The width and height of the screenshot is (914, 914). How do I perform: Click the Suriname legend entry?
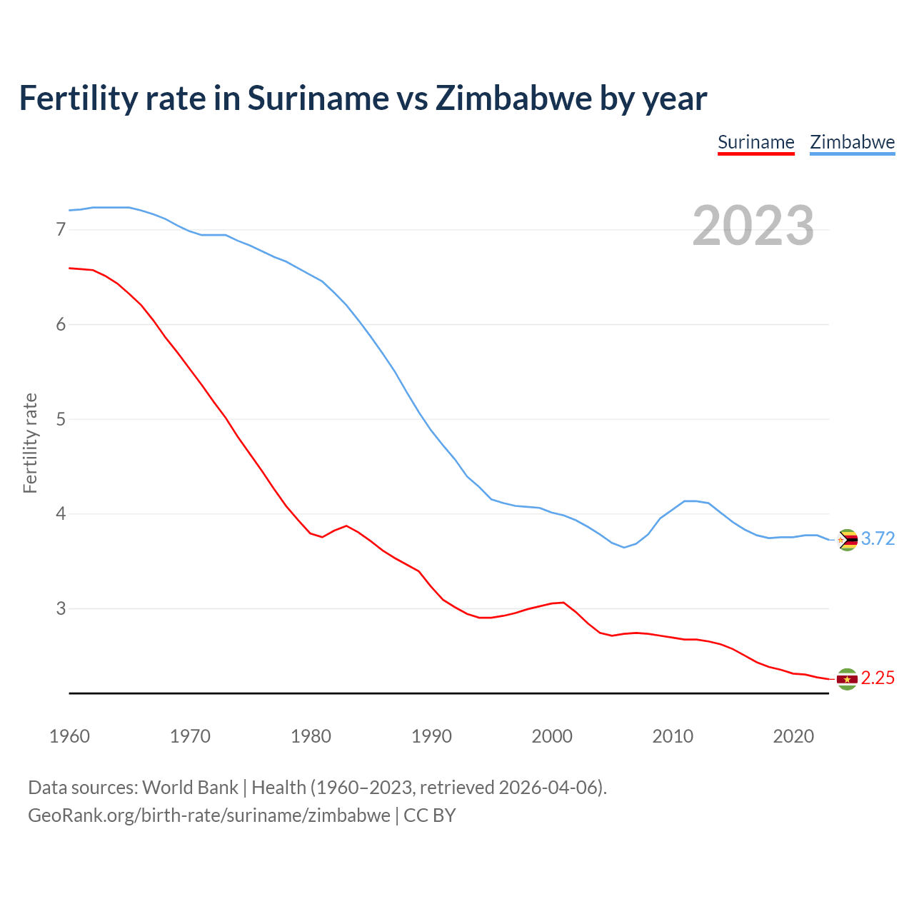755,142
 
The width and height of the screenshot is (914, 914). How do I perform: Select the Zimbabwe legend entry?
852,142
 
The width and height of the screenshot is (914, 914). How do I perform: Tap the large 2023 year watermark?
753,226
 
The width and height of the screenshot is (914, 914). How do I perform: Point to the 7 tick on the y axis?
61,230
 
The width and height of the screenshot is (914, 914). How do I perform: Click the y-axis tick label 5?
61,419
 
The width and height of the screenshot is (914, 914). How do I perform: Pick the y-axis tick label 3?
61,608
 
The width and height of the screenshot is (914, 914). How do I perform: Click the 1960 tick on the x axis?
69,736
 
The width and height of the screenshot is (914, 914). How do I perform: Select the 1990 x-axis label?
431,736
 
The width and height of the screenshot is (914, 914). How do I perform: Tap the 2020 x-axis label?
793,736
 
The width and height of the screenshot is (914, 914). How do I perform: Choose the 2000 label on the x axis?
552,736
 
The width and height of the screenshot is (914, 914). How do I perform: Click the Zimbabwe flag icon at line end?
847,540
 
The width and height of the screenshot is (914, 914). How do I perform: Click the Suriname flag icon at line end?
847,679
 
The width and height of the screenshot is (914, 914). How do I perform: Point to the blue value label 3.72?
878,539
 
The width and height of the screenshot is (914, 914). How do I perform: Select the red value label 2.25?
878,678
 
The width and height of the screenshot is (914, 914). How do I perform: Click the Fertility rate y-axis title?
30,443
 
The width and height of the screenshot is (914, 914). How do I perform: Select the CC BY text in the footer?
429,815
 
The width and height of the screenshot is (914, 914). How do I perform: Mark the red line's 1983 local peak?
346,526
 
